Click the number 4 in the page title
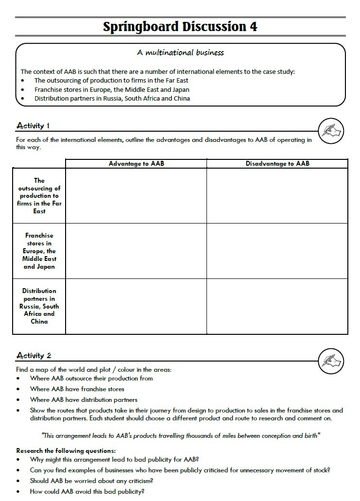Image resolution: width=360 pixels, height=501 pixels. pos(253,27)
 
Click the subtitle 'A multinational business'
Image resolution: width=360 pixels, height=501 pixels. pos(180,52)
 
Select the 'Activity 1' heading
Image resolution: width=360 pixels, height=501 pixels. pos(33,126)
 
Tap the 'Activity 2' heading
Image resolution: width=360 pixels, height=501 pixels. pos(34,356)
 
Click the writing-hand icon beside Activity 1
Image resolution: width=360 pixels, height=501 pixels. pos(331,131)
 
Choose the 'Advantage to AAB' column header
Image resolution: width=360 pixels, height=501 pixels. pos(136,164)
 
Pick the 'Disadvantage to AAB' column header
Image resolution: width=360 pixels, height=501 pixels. pos(277,164)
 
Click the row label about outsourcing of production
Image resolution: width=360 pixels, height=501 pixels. pos(39,196)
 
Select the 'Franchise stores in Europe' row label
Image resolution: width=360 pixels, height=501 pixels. pos(39,251)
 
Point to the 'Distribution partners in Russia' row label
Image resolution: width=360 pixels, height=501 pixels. pos(39,306)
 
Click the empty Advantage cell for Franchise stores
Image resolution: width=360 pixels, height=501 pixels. pos(136,251)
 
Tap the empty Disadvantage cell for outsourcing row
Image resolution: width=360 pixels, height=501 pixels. pos(277,196)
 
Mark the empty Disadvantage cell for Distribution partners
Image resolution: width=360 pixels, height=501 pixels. pos(277,306)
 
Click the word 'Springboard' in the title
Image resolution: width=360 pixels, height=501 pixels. pos(141,27)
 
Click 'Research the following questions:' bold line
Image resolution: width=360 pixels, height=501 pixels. pos(66,450)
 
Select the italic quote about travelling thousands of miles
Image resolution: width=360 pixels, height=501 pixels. pos(181,436)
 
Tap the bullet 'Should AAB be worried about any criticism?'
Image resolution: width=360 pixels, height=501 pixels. pos(91,481)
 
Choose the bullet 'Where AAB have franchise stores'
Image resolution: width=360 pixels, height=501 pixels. pos(77,389)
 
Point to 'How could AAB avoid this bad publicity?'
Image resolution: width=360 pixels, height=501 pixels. pos(87,491)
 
